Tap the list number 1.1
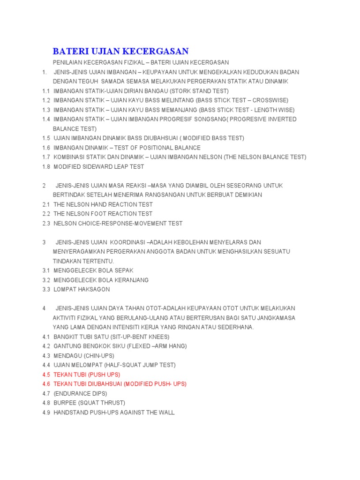pyautogui.click(x=46, y=91)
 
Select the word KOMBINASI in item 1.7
pyautogui.click(x=70, y=157)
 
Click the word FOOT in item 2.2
pyautogui.click(x=96, y=214)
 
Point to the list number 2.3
pyautogui.click(x=46, y=223)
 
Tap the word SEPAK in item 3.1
pyautogui.click(x=123, y=270)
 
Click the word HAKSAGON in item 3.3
pyautogui.click(x=94, y=289)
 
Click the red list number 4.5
pyautogui.click(x=46, y=375)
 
